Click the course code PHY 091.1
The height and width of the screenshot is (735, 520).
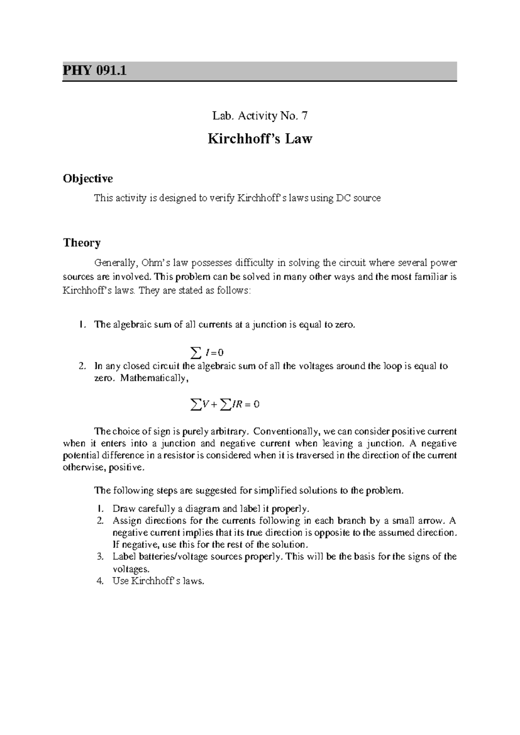click(95, 70)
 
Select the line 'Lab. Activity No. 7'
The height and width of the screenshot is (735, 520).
click(260, 116)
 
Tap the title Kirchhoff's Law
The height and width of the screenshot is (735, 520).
click(260, 139)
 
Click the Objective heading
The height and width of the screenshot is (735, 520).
click(88, 179)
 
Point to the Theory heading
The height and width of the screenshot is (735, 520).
click(82, 243)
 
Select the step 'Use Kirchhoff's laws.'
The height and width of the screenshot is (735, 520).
click(158, 581)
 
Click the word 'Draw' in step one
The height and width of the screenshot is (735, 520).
click(121, 508)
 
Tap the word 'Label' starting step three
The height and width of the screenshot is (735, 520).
click(123, 556)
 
